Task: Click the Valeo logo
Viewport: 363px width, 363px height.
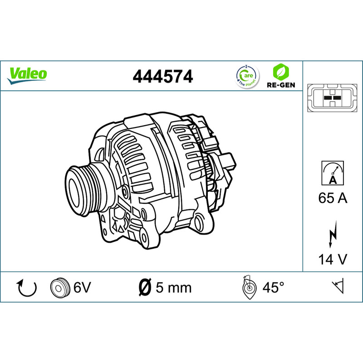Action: [27, 76]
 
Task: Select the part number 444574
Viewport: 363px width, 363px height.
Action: [163, 76]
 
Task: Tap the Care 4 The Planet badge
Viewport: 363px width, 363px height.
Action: [247, 76]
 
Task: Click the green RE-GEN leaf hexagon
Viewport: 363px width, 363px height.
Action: [281, 72]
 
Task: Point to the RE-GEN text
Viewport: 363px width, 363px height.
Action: [281, 85]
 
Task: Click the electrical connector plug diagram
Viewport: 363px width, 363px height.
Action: [332, 98]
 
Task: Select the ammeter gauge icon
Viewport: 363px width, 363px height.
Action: [333, 173]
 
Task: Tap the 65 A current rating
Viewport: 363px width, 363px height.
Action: [333, 198]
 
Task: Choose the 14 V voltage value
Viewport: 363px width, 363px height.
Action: [333, 259]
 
